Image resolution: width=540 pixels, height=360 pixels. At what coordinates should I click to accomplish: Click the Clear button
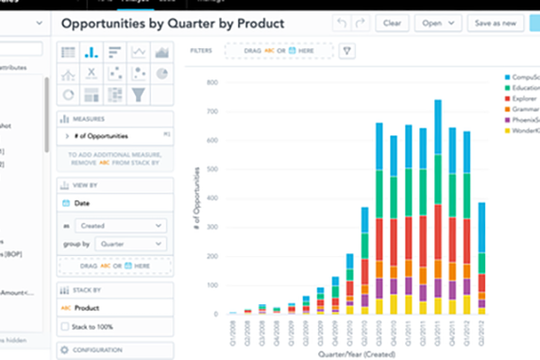pos(392,23)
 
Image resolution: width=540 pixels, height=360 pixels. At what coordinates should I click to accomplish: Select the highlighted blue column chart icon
pos(93,53)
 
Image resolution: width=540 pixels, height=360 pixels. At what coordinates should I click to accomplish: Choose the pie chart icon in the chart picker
pos(161,73)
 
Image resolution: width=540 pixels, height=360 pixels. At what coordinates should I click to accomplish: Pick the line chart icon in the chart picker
pos(139,53)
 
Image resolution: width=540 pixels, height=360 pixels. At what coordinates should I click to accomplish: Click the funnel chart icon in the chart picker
pos(139,94)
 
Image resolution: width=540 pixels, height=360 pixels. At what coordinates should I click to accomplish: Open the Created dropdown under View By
pos(123,225)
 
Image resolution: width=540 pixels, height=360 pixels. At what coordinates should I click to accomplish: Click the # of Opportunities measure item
pos(104,137)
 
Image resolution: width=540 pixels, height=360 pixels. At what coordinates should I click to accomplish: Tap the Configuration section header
pos(104,350)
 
